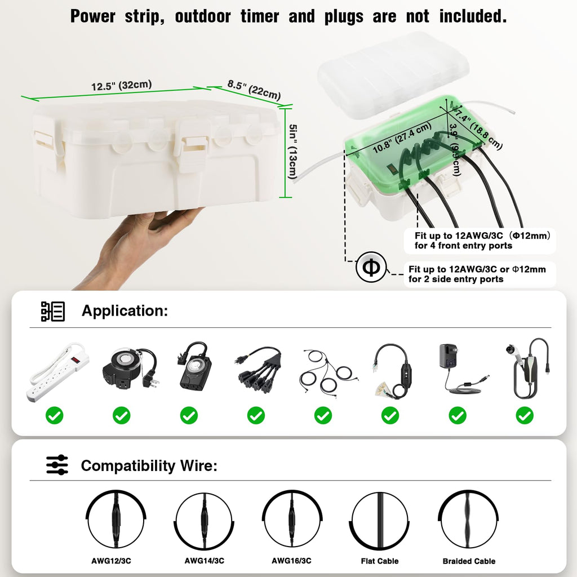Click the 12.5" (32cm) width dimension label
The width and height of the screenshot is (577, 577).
coord(121,86)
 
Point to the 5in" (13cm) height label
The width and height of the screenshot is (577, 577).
coord(292,152)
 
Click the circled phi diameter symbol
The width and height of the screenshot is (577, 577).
coord(371,268)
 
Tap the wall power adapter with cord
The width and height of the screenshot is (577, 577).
coord(457,369)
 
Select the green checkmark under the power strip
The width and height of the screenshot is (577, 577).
coord(55,416)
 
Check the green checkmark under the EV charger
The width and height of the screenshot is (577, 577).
coord(525,416)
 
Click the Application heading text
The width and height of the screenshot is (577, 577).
coord(125,310)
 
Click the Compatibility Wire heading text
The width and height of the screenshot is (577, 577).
coord(149,465)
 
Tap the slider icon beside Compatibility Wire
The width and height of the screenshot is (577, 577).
coord(57,465)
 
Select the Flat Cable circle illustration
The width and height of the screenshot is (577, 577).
coord(379,520)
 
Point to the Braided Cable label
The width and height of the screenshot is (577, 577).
coord(469,561)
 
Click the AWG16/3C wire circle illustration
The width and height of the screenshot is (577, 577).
coord(292,520)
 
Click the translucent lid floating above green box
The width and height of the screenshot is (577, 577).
coord(393,73)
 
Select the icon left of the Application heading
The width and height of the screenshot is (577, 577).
coord(53,311)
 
